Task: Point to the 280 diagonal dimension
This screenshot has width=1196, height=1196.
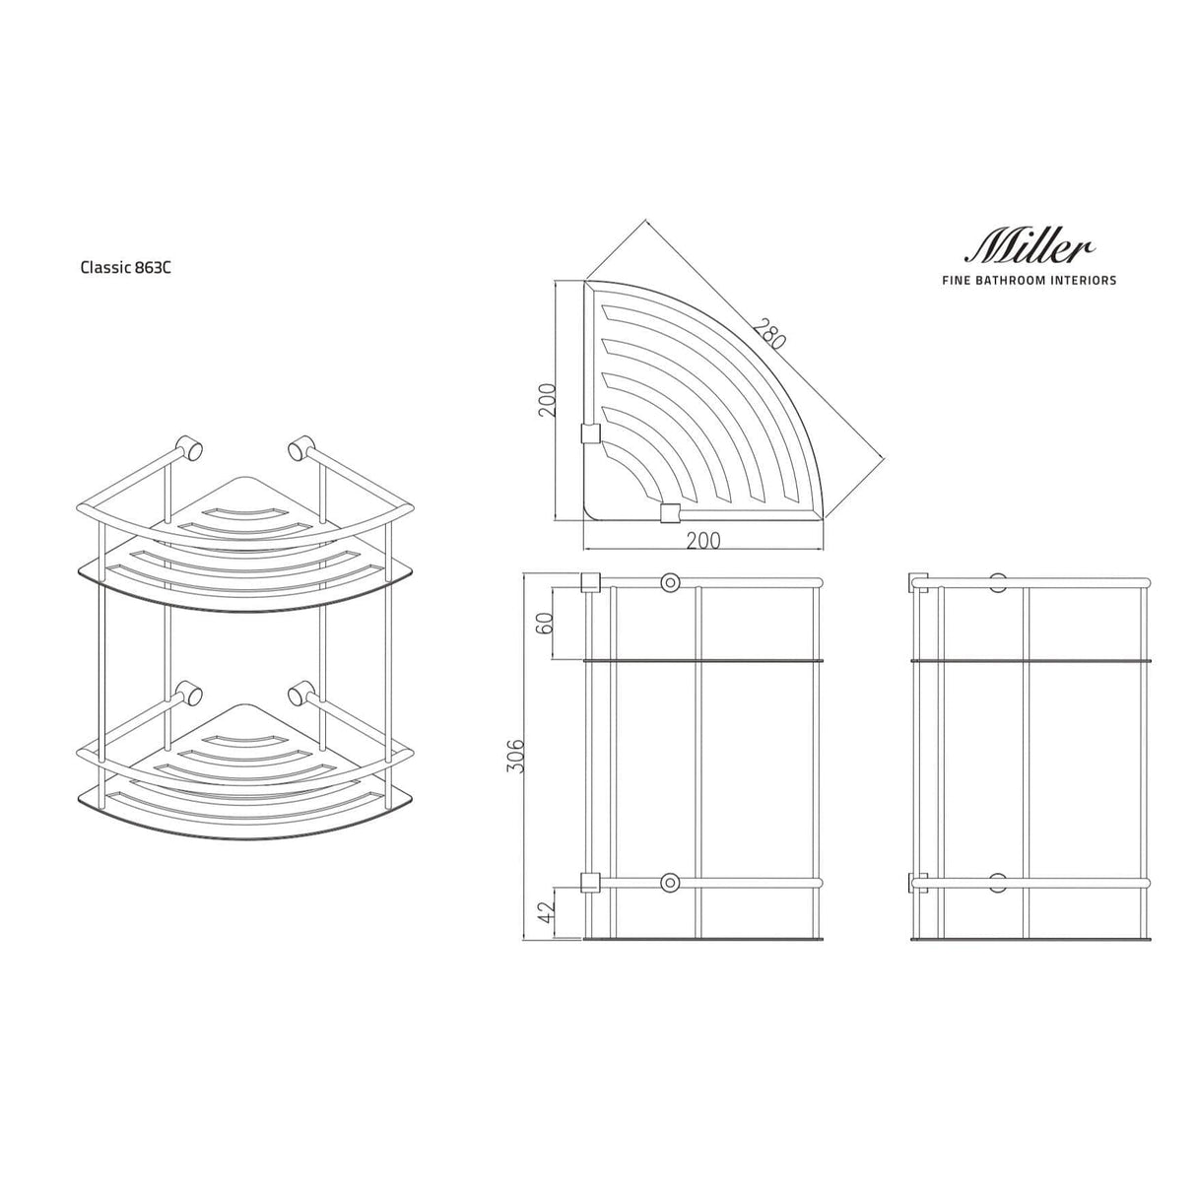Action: pyautogui.click(x=767, y=333)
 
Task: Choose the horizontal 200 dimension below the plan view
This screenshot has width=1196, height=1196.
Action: pyautogui.click(x=702, y=540)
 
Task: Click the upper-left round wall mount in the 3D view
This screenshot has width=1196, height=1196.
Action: pyautogui.click(x=189, y=449)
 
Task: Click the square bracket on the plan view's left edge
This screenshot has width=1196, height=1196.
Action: pyautogui.click(x=591, y=433)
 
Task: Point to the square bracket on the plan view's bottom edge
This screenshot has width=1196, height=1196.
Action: pyautogui.click(x=670, y=512)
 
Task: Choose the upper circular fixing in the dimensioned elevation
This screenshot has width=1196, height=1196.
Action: pyautogui.click(x=671, y=582)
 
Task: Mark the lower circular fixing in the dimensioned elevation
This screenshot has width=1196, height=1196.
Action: pyautogui.click(x=671, y=882)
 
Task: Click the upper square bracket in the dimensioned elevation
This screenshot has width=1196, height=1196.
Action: pyautogui.click(x=591, y=582)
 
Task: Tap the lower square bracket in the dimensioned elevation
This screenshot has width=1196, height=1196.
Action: pyautogui.click(x=591, y=882)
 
